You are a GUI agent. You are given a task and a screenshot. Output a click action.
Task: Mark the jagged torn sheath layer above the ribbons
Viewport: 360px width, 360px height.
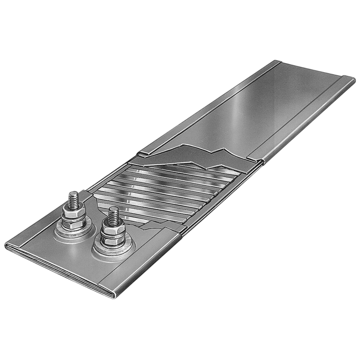tap(191, 155)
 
